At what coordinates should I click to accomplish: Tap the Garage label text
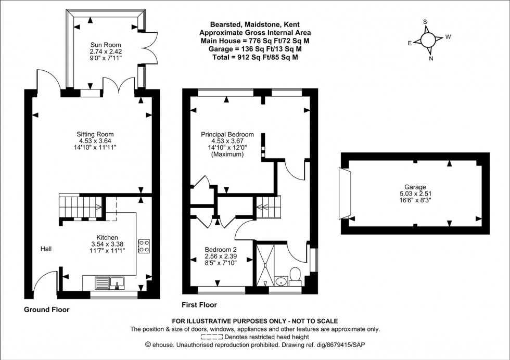[x=415, y=187]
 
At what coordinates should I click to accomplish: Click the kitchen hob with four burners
[x=144, y=246]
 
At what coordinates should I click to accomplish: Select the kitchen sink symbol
[x=110, y=283]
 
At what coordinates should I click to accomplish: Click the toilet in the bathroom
[x=295, y=275]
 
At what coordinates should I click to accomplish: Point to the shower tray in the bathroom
[x=264, y=265]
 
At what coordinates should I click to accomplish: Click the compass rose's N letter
[x=431, y=58]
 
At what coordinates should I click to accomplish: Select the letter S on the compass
[x=425, y=22]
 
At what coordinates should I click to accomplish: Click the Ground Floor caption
[x=46, y=309]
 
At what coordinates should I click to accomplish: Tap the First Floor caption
[x=199, y=305]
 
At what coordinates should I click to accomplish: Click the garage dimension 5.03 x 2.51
[x=415, y=193]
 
